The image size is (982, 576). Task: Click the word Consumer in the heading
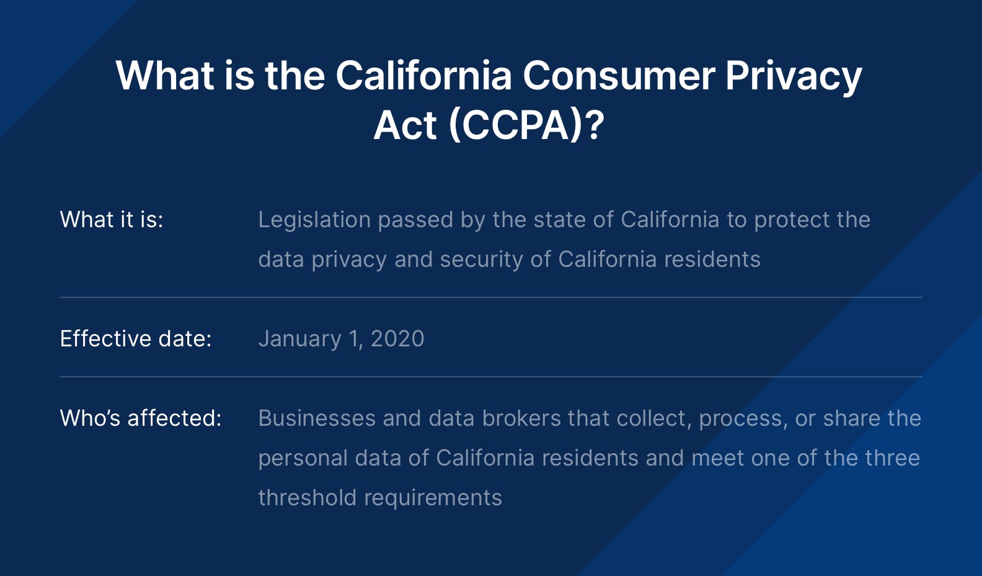point(619,76)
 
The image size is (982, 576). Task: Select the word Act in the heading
point(405,125)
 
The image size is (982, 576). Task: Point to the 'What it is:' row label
point(112,219)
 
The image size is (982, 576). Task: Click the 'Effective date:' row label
point(136,338)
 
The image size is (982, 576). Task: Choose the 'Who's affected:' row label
point(141,418)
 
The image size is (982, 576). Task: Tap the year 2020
point(397,338)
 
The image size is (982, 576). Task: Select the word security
point(481,260)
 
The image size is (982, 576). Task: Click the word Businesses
point(317,418)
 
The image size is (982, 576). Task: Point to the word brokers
point(522,418)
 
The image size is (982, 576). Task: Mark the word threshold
point(307,497)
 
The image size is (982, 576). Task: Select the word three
point(893,457)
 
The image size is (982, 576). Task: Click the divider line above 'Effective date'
point(491,297)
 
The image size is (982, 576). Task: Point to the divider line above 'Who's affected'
point(491,377)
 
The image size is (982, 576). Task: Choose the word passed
point(415,220)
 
